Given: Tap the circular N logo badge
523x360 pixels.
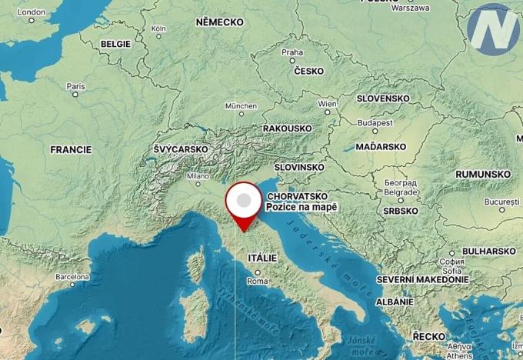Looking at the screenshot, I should [x=493, y=30].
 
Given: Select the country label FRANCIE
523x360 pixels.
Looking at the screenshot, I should [x=71, y=149].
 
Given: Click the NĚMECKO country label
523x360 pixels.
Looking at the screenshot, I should [x=219, y=22].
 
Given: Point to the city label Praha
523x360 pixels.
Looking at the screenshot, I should [x=292, y=53].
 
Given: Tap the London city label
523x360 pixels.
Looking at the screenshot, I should [x=32, y=12].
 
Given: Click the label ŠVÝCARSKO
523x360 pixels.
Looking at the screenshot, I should [x=181, y=148].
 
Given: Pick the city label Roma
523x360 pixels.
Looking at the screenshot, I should [x=258, y=282].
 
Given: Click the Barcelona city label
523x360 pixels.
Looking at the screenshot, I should [x=72, y=275].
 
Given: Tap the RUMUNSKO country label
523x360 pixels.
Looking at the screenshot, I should [x=483, y=175].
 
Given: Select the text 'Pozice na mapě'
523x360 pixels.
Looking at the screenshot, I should [x=301, y=208].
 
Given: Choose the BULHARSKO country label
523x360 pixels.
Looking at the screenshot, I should [x=488, y=251].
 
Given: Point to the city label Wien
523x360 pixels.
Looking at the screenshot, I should [x=328, y=103].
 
